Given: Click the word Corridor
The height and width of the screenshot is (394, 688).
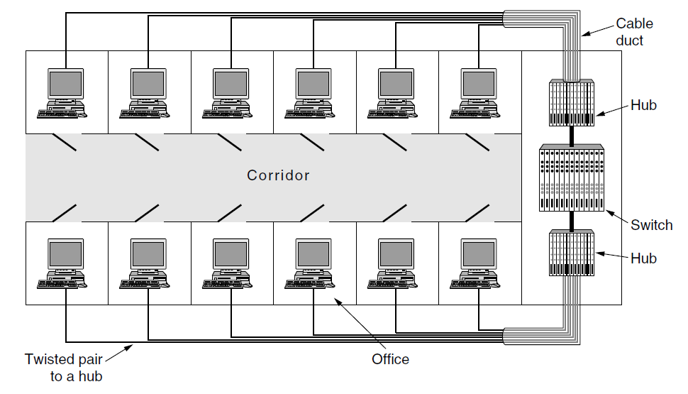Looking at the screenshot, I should click(278, 175).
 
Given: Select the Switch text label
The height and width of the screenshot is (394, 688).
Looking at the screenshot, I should click(651, 225).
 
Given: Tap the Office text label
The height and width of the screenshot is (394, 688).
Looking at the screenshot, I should click(390, 359).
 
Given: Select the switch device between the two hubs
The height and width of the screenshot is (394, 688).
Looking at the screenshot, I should click(572, 177).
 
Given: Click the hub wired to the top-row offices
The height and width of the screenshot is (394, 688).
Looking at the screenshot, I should click(572, 102).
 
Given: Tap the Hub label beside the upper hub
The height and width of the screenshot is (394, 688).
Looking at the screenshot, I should click(643, 106).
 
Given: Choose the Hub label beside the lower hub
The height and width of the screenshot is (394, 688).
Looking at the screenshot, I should click(643, 258).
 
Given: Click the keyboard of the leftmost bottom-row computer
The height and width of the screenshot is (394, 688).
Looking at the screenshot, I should click(62, 284).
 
